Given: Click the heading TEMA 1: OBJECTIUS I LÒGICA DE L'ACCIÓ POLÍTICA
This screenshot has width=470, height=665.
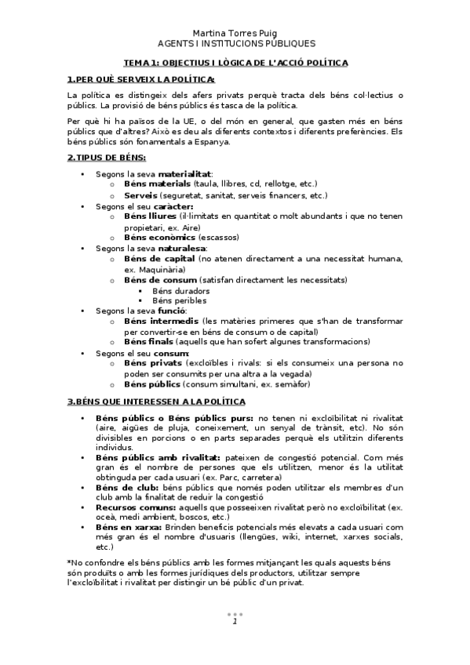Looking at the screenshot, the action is point(235,62).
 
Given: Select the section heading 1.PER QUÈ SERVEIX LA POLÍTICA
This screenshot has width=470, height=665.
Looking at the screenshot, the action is point(141,79).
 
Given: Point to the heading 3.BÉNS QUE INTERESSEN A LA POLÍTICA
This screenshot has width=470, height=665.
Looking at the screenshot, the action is point(156,402).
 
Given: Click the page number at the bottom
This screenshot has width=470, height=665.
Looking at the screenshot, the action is point(235,621).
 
